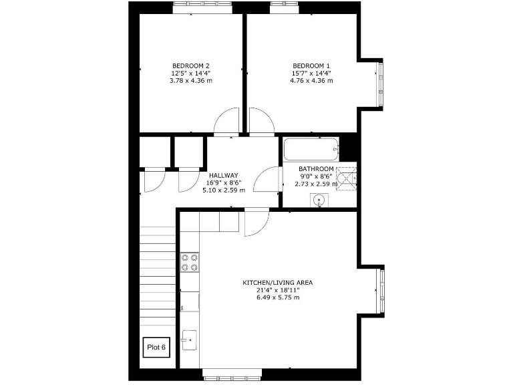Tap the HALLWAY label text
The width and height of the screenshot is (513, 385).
click(223, 175)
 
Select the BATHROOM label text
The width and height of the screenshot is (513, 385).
click(316, 168)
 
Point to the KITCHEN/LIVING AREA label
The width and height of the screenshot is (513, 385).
click(277, 283)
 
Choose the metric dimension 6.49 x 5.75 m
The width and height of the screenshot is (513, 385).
click(277, 297)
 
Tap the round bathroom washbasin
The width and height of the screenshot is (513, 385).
click(319, 199)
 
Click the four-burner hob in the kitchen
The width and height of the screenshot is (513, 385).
click(189, 262)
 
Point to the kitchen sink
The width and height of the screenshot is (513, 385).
click(189, 340)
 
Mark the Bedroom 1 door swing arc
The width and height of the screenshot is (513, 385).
click(261, 121)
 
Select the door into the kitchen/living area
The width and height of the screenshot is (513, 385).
click(256, 223)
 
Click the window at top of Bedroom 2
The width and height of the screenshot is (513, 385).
click(202, 7)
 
